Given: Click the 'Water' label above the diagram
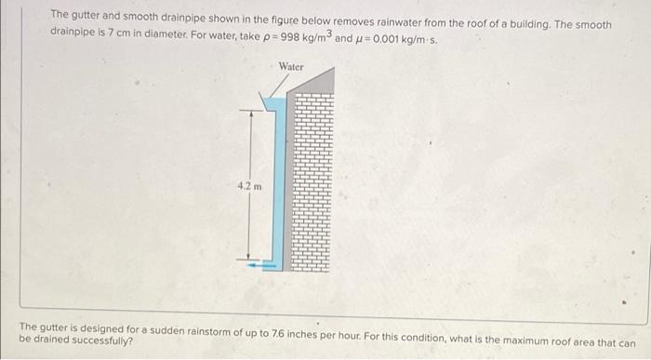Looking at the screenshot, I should [x=291, y=67].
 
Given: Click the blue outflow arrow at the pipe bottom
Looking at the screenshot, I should [x=262, y=264].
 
